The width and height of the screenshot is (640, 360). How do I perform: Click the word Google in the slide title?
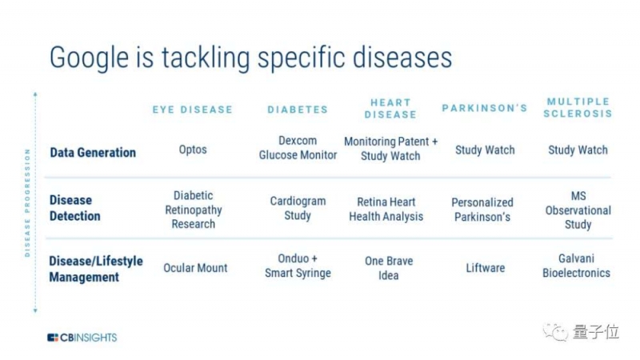point(90,58)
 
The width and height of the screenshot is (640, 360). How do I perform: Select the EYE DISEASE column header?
point(193,110)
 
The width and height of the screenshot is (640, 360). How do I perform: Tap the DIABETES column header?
point(298,110)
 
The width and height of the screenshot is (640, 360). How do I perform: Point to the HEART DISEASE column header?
point(390,109)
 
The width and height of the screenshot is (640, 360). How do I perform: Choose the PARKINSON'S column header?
point(485,108)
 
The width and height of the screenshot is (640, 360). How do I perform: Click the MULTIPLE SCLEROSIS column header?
point(578,107)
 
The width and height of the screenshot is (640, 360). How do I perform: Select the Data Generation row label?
point(93,153)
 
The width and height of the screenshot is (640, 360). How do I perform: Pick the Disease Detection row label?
point(75,208)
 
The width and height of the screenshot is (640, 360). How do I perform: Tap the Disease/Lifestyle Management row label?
point(96,269)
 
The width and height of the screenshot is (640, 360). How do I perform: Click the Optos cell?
point(193,150)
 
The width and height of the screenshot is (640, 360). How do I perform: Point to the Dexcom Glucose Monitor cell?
point(298,148)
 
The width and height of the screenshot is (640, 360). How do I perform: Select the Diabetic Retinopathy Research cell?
point(194,210)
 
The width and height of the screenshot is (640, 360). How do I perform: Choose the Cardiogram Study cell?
point(298,208)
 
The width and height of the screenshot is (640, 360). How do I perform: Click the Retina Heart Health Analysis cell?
point(386,209)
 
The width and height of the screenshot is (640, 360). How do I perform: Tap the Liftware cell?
point(486,268)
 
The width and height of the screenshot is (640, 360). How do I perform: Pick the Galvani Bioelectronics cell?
point(576,266)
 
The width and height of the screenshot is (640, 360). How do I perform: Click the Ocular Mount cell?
point(195,268)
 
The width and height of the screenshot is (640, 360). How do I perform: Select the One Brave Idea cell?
point(389,268)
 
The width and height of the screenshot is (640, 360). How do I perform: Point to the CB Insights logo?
point(82,338)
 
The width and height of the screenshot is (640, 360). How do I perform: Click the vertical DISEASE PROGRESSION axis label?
point(27,203)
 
